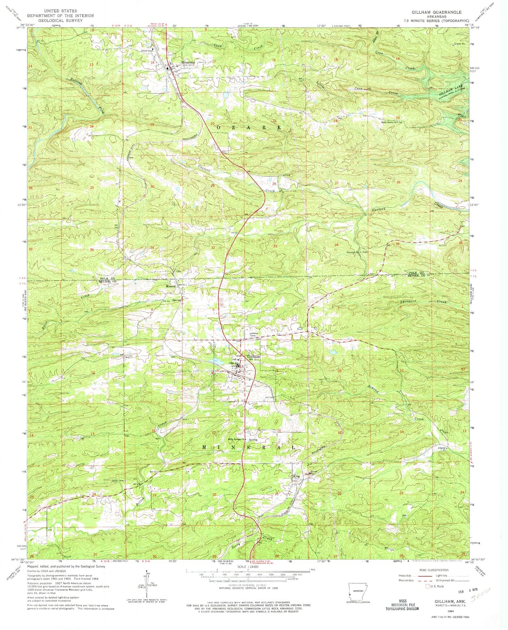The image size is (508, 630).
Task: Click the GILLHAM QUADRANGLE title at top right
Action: (x=437, y=12)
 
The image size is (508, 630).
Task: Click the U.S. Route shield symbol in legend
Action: (x=428, y=586)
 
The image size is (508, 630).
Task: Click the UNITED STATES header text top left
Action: (x=60, y=11)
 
